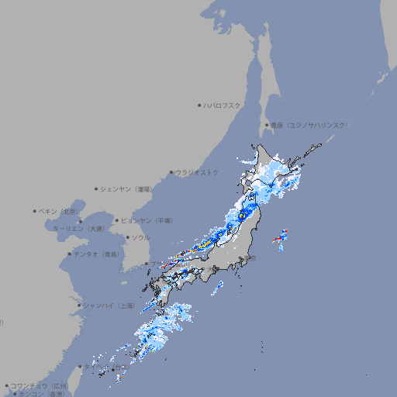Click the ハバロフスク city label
pyautogui.click(x=222, y=105)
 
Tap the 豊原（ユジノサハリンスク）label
pyautogui.click(x=309, y=125)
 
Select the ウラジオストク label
pyautogui.click(x=197, y=172)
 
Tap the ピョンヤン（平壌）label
pyautogui.click(x=148, y=220)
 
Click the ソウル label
pyautogui.click(x=140, y=238)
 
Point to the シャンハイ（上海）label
pyautogui.click(x=109, y=306)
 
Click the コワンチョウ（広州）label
pyautogui.click(x=39, y=385)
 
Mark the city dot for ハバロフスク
pyautogui.click(x=199, y=105)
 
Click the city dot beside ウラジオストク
pyautogui.click(x=171, y=172)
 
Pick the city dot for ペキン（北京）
pyautogui.click(x=35, y=211)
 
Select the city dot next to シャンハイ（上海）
pyautogui.click(x=79, y=306)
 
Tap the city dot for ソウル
pyautogui.click(x=126, y=238)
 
